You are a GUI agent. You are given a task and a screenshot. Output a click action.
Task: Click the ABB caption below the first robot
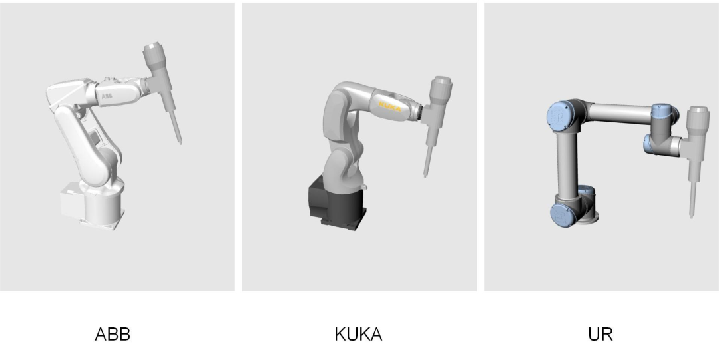point(113,334)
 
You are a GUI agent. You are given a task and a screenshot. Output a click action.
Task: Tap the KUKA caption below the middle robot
point(358,334)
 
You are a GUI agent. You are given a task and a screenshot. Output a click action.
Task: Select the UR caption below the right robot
point(600,334)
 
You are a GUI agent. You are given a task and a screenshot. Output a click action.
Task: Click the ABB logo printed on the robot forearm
point(107,96)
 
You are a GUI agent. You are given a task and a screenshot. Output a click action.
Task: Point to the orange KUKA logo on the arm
point(389,107)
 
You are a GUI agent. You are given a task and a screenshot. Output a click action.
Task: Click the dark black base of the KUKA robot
point(337,204)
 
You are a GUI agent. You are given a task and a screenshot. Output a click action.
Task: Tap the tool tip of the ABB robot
point(180,143)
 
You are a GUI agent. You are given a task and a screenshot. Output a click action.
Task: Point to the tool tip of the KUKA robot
point(425,175)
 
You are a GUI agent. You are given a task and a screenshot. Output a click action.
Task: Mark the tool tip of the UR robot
point(692,216)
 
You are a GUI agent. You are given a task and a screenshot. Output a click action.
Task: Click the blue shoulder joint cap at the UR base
point(562,214)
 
